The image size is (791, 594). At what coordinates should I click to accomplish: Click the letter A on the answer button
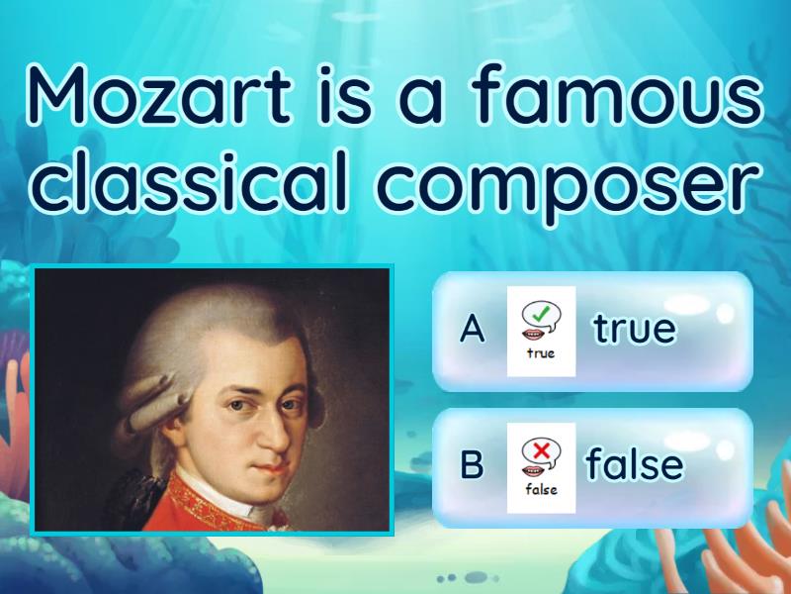pos(473,330)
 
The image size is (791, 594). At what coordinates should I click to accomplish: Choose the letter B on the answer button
pos(473,464)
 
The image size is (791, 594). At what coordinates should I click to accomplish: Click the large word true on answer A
pos(634,328)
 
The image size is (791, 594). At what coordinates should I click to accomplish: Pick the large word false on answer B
pos(634,463)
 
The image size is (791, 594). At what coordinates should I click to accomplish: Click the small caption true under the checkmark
pos(541,352)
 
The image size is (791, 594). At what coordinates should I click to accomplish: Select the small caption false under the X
pos(541,488)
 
